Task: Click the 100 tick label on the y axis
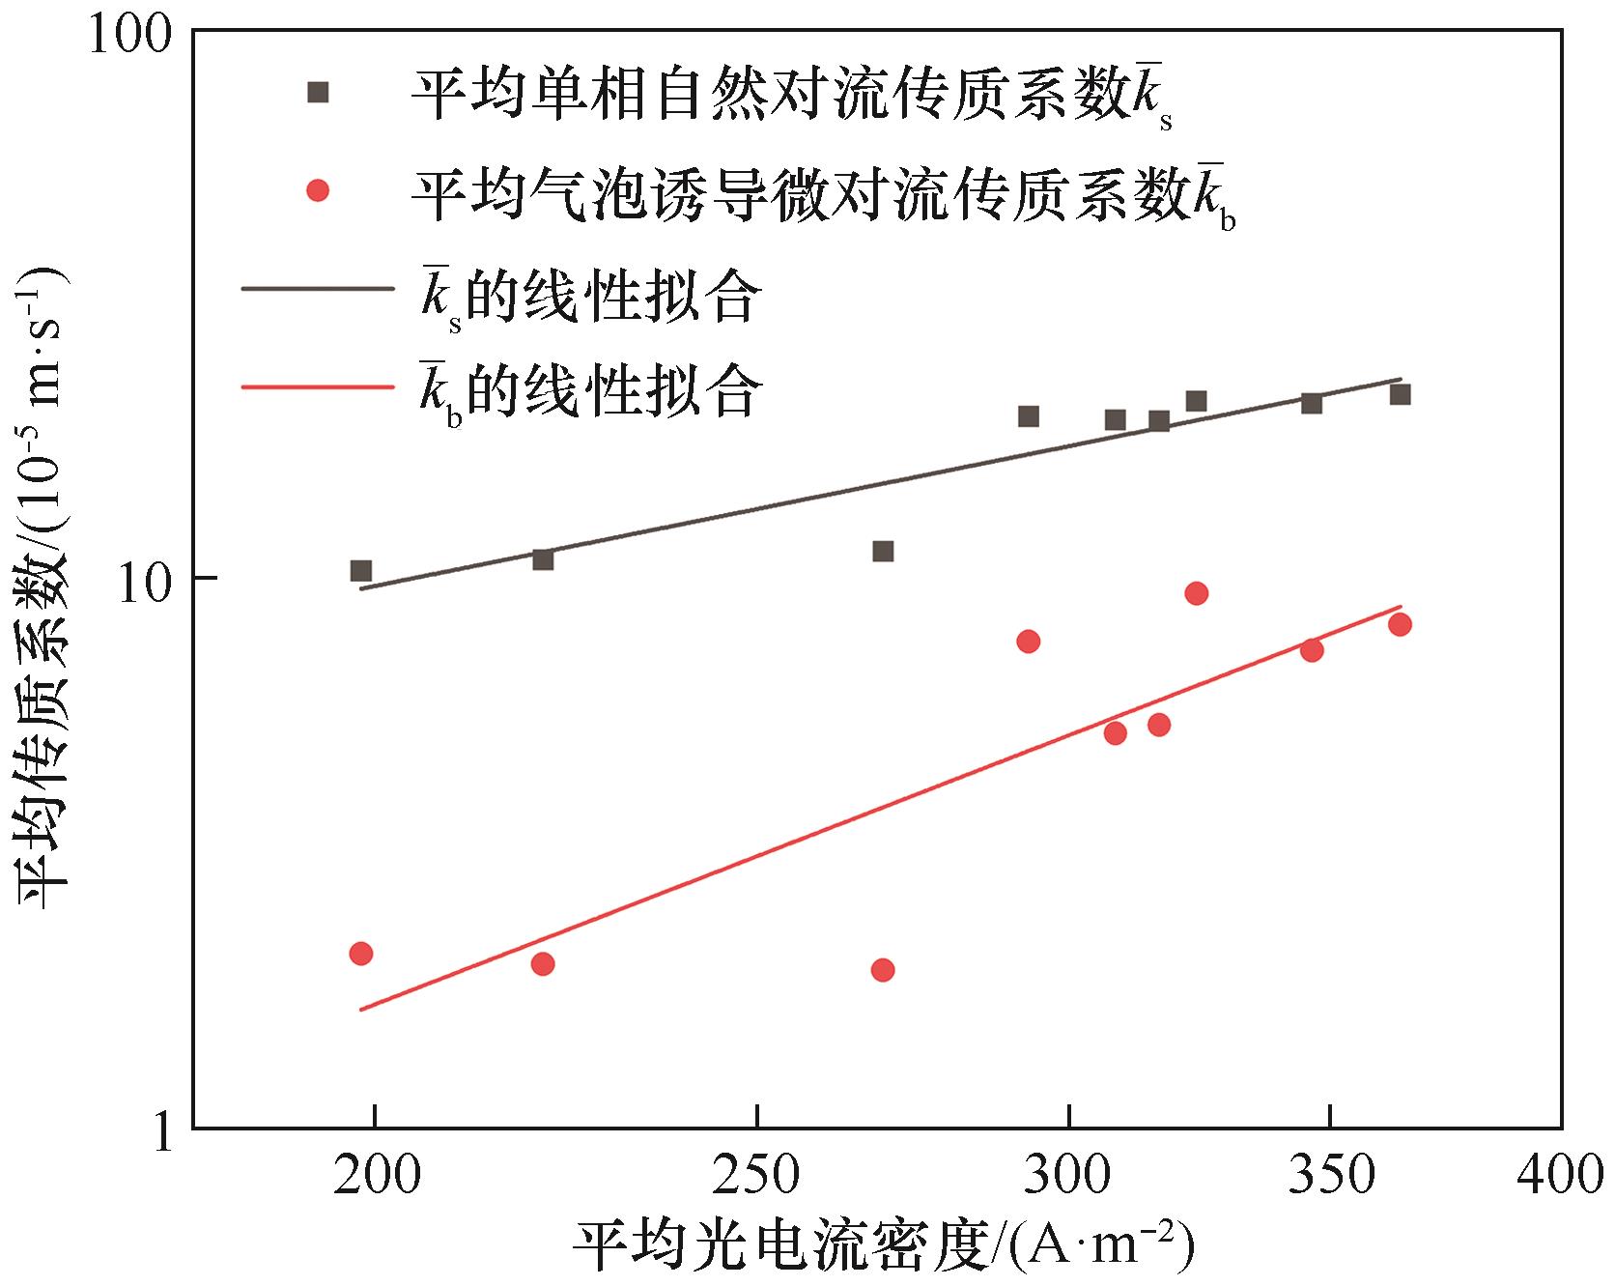click(x=129, y=35)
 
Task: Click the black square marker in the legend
click(x=318, y=93)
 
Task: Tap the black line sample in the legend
click(x=318, y=288)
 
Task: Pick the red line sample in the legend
click(x=318, y=387)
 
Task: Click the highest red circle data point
click(x=1196, y=593)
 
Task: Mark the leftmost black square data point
click(x=361, y=571)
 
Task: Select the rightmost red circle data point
click(x=1400, y=624)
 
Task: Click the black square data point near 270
click(x=883, y=552)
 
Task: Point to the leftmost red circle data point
click(x=361, y=954)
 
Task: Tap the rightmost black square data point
click(x=1400, y=394)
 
